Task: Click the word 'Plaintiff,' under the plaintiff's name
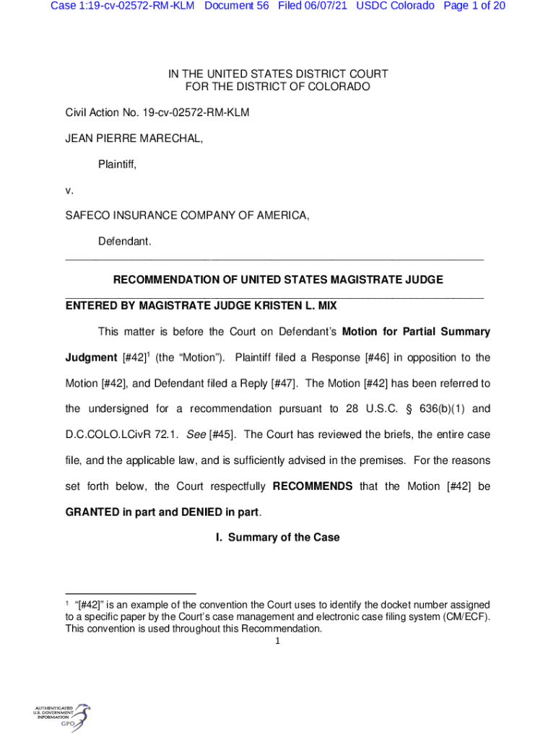pos(117,165)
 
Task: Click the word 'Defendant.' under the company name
pos(124,242)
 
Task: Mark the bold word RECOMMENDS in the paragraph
pos(313,486)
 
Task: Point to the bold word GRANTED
pos(92,512)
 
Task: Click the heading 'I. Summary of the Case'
pos(278,538)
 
